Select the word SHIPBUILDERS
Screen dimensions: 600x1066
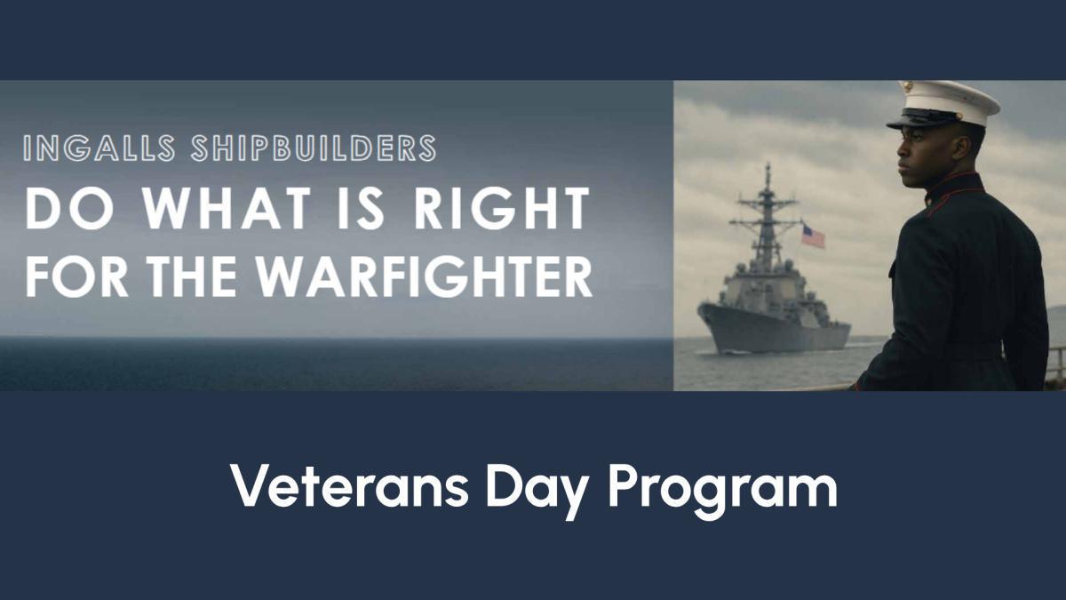click(313, 148)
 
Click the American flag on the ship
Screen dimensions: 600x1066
click(813, 236)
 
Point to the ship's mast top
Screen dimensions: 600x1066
click(767, 169)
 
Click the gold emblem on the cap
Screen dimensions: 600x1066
click(907, 88)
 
